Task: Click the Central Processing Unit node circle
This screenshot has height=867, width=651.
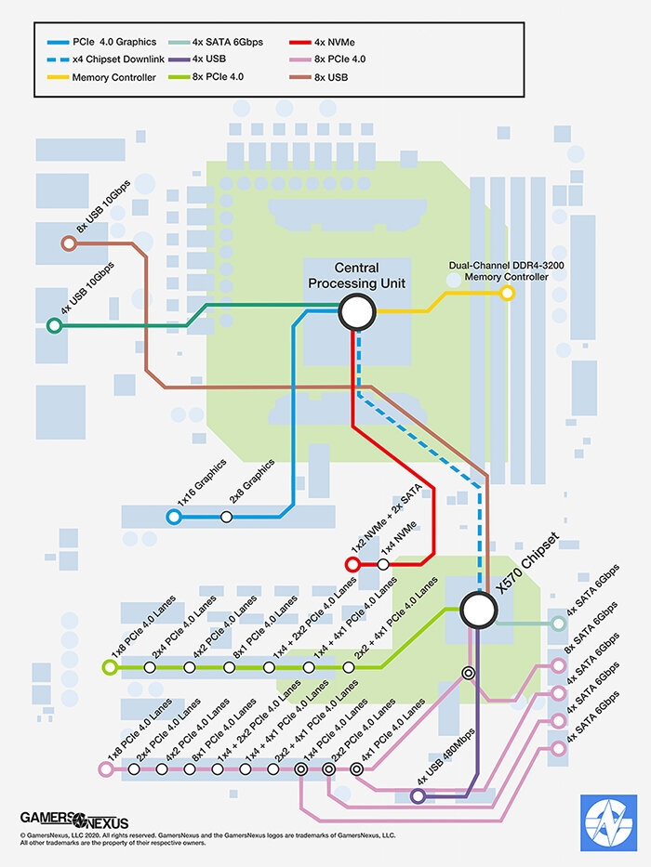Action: tap(356, 312)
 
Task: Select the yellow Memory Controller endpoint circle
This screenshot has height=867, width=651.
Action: tap(507, 293)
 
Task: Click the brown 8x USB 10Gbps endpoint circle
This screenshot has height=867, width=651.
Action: tap(67, 243)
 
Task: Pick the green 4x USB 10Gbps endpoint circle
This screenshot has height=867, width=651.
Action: tap(54, 325)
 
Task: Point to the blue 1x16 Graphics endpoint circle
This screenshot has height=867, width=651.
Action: tap(173, 517)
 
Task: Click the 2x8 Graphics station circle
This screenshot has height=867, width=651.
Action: tap(226, 517)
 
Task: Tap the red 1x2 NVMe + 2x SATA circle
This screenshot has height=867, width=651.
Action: tap(352, 564)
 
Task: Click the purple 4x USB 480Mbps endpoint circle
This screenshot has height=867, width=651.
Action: tap(418, 796)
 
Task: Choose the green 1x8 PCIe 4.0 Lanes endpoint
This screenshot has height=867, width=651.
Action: tap(110, 667)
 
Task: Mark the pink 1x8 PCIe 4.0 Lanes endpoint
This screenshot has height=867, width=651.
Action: tap(104, 768)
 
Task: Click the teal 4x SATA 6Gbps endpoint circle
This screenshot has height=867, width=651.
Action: tap(558, 623)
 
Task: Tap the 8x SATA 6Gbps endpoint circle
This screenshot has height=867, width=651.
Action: tap(558, 664)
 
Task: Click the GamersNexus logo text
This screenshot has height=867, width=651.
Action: tap(74, 820)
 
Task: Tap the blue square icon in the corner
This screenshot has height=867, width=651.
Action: tap(608, 822)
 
